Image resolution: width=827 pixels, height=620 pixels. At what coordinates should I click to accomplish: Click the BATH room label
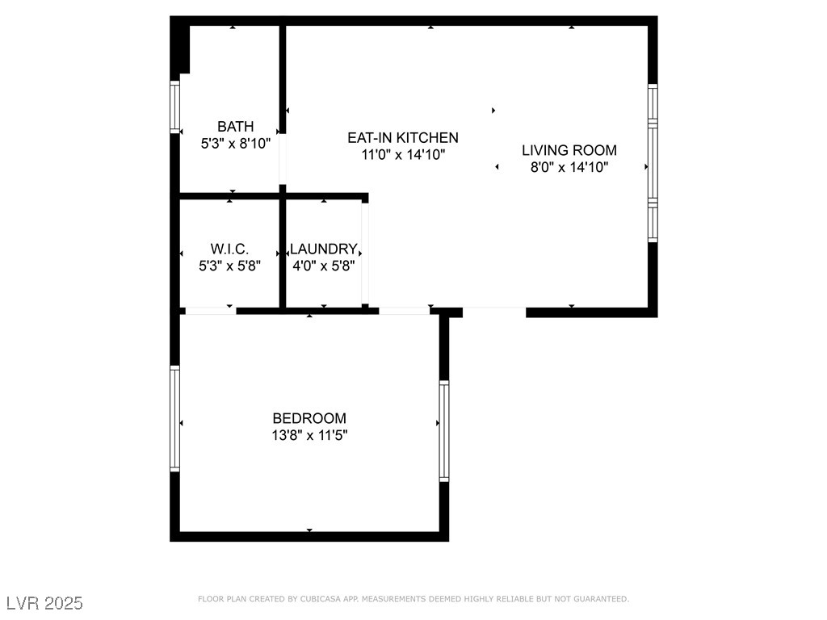point(235,127)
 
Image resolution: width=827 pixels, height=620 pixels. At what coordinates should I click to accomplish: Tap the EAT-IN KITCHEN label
point(402,138)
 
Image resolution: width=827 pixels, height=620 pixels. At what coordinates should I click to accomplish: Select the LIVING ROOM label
point(569,150)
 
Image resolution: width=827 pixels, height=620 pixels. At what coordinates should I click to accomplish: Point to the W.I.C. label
point(229,249)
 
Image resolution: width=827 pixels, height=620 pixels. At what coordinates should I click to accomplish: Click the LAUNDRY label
point(323,249)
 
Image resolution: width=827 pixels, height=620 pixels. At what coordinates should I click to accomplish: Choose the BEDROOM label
point(309,418)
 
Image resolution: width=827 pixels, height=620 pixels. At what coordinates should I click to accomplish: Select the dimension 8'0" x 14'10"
point(569,168)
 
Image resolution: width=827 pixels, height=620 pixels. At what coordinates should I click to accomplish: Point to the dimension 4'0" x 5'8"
point(323,264)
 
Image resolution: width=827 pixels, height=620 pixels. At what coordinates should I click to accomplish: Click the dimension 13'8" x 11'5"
point(309,435)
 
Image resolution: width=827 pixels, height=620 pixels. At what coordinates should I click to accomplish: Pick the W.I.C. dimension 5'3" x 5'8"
point(229,264)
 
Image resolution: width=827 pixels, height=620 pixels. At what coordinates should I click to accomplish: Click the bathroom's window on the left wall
point(174,106)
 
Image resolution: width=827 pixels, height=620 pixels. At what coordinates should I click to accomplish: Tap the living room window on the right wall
point(653,163)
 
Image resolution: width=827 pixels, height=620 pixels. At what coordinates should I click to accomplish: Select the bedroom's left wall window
point(174,418)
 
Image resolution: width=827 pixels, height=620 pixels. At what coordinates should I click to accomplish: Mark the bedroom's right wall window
point(443,431)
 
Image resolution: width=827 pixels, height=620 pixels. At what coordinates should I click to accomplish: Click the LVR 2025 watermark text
point(44,603)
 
